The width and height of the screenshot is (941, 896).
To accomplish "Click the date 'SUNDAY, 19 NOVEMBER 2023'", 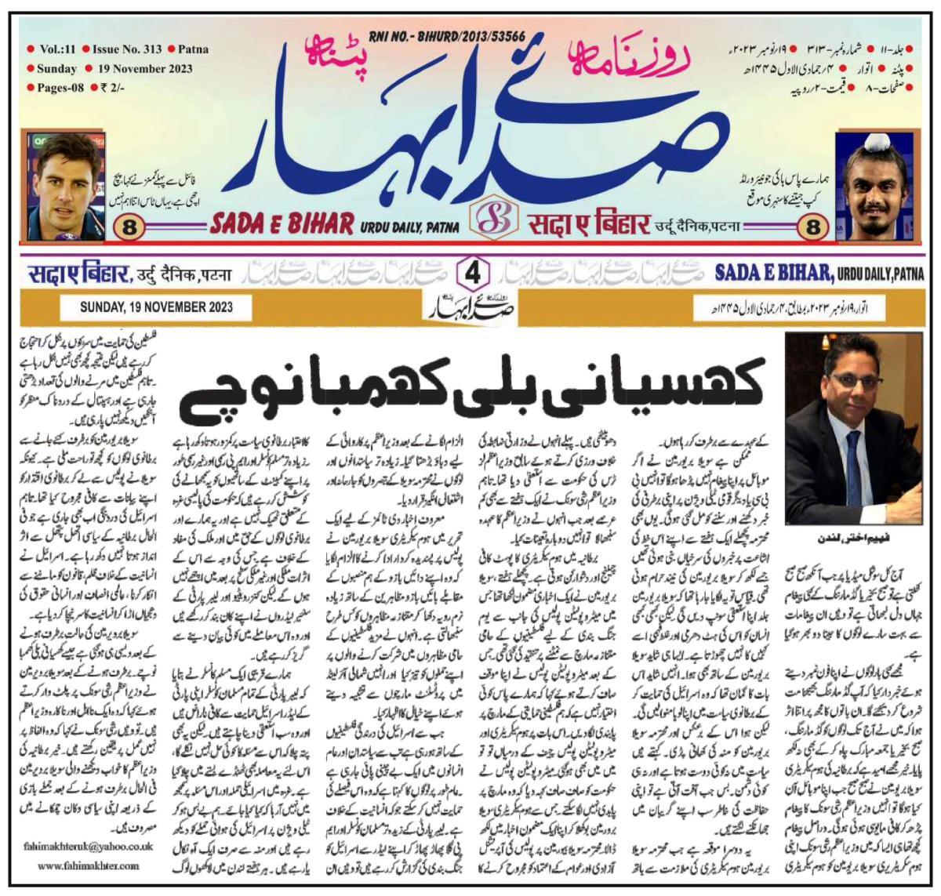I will point(156,307).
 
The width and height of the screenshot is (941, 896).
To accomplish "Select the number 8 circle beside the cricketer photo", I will point(129,230).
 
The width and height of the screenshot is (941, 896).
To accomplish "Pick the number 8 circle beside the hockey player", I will point(811,230).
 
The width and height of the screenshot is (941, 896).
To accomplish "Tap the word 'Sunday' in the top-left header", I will point(56,69).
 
